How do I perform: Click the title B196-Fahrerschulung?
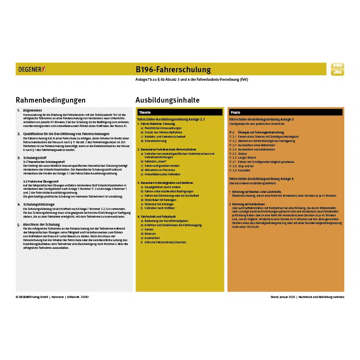tap(173, 69)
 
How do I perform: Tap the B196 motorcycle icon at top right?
tap(337, 69)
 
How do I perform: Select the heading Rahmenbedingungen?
tap(50, 100)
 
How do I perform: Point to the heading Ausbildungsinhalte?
tap(167, 100)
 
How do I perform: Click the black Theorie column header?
tap(180, 112)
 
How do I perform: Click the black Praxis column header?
tap(286, 112)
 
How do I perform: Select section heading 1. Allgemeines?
tap(32, 110)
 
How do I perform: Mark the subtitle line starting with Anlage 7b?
tap(192, 80)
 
